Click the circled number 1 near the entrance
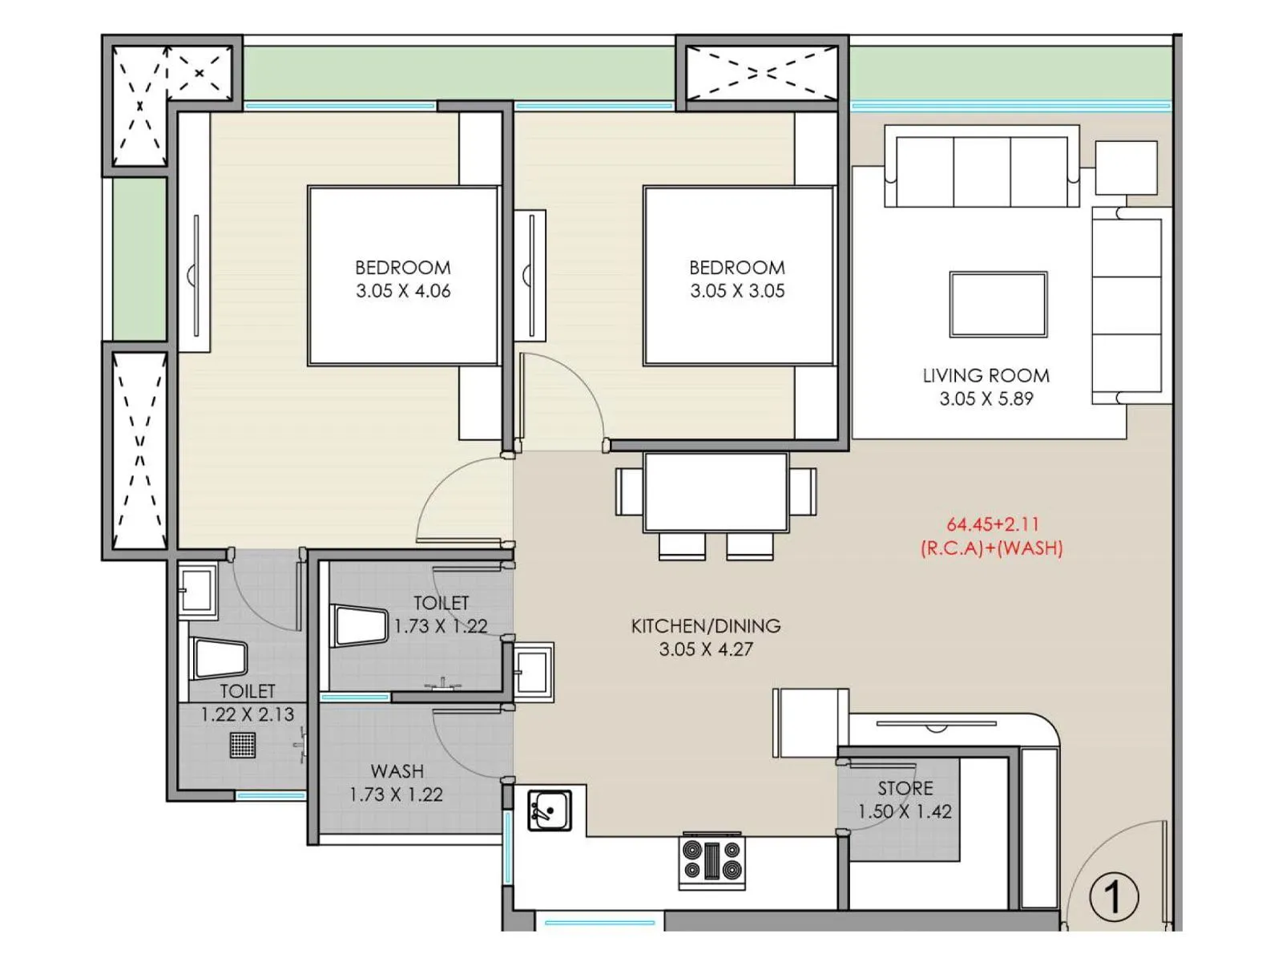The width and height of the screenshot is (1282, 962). coord(1114,897)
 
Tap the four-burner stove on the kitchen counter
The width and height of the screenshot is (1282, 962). coord(712,860)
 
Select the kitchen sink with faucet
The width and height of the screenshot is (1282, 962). coord(550,810)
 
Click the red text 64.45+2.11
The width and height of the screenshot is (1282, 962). coord(993,524)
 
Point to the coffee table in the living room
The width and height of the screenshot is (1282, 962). coord(998,305)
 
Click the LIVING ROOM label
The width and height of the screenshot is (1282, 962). coord(986,375)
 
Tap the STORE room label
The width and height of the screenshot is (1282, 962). coord(905,788)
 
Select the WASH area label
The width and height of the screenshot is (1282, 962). coord(397,771)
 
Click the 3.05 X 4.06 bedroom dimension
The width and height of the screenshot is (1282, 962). coord(403,291)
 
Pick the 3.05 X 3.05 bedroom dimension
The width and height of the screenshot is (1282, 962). coord(737,291)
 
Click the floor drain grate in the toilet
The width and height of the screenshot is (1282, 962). coord(243,745)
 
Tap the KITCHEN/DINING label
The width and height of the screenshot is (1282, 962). coord(705,626)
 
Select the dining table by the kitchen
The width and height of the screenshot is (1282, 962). coord(716,491)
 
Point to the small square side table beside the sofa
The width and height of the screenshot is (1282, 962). coord(1126,168)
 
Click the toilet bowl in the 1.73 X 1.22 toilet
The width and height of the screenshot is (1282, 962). coord(360,626)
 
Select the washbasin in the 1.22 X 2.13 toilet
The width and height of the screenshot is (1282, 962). coord(196,591)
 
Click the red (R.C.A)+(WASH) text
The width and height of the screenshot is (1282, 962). coord(991,548)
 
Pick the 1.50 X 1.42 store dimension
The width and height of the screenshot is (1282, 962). coord(905,811)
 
